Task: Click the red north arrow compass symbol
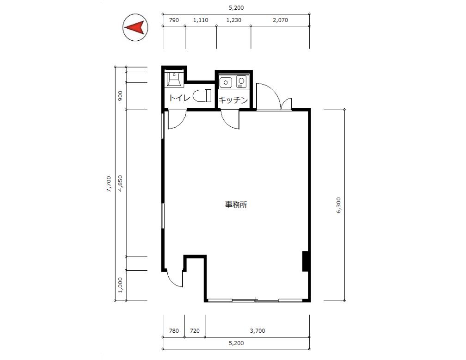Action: [135, 27]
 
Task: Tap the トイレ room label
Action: [179, 98]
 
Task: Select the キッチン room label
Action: [233, 100]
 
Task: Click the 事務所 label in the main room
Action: [236, 205]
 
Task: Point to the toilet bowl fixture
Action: [202, 96]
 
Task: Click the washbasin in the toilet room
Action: [174, 79]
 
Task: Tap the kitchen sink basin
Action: [226, 82]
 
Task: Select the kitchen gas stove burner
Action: [241, 81]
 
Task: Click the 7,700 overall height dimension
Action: [109, 184]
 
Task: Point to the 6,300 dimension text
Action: [339, 205]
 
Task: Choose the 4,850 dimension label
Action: [120, 183]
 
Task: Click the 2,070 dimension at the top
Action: [280, 20]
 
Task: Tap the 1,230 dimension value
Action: [233, 20]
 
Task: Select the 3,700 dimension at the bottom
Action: [258, 331]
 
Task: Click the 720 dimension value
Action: [195, 331]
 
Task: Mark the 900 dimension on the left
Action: [120, 96]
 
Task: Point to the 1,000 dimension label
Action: [120, 285]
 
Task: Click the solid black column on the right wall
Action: [305, 261]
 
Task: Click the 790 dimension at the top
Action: [174, 20]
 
